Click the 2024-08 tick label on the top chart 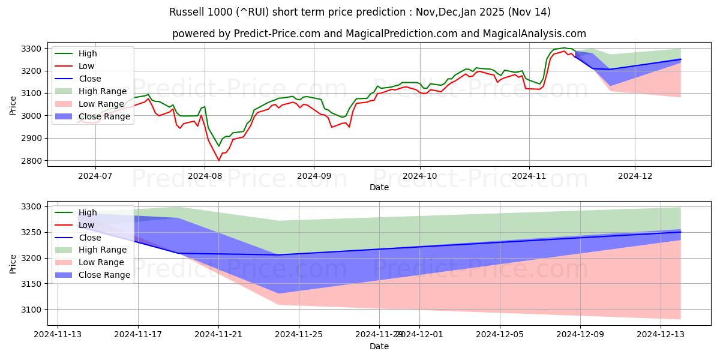tap(205, 176)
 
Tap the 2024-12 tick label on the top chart tap(635, 176)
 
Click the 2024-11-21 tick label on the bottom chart tap(218, 335)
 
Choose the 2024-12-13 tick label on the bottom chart tap(661, 335)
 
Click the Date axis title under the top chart tap(379, 187)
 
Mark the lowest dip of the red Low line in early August tap(218, 160)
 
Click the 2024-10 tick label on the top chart tap(420, 176)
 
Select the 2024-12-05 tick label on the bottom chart tap(500, 335)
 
